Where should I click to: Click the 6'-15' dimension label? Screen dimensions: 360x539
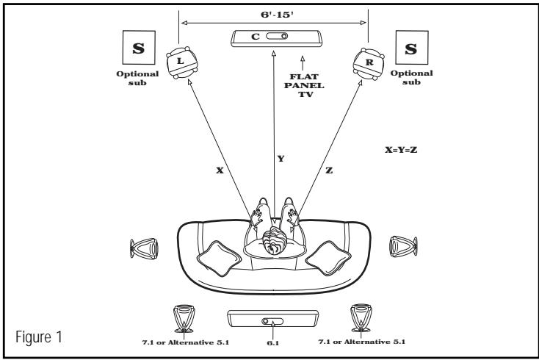(274, 13)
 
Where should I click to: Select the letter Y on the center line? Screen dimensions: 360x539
(281, 159)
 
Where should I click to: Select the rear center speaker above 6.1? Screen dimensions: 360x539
(271, 320)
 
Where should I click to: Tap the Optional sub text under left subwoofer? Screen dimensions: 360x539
(138, 78)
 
